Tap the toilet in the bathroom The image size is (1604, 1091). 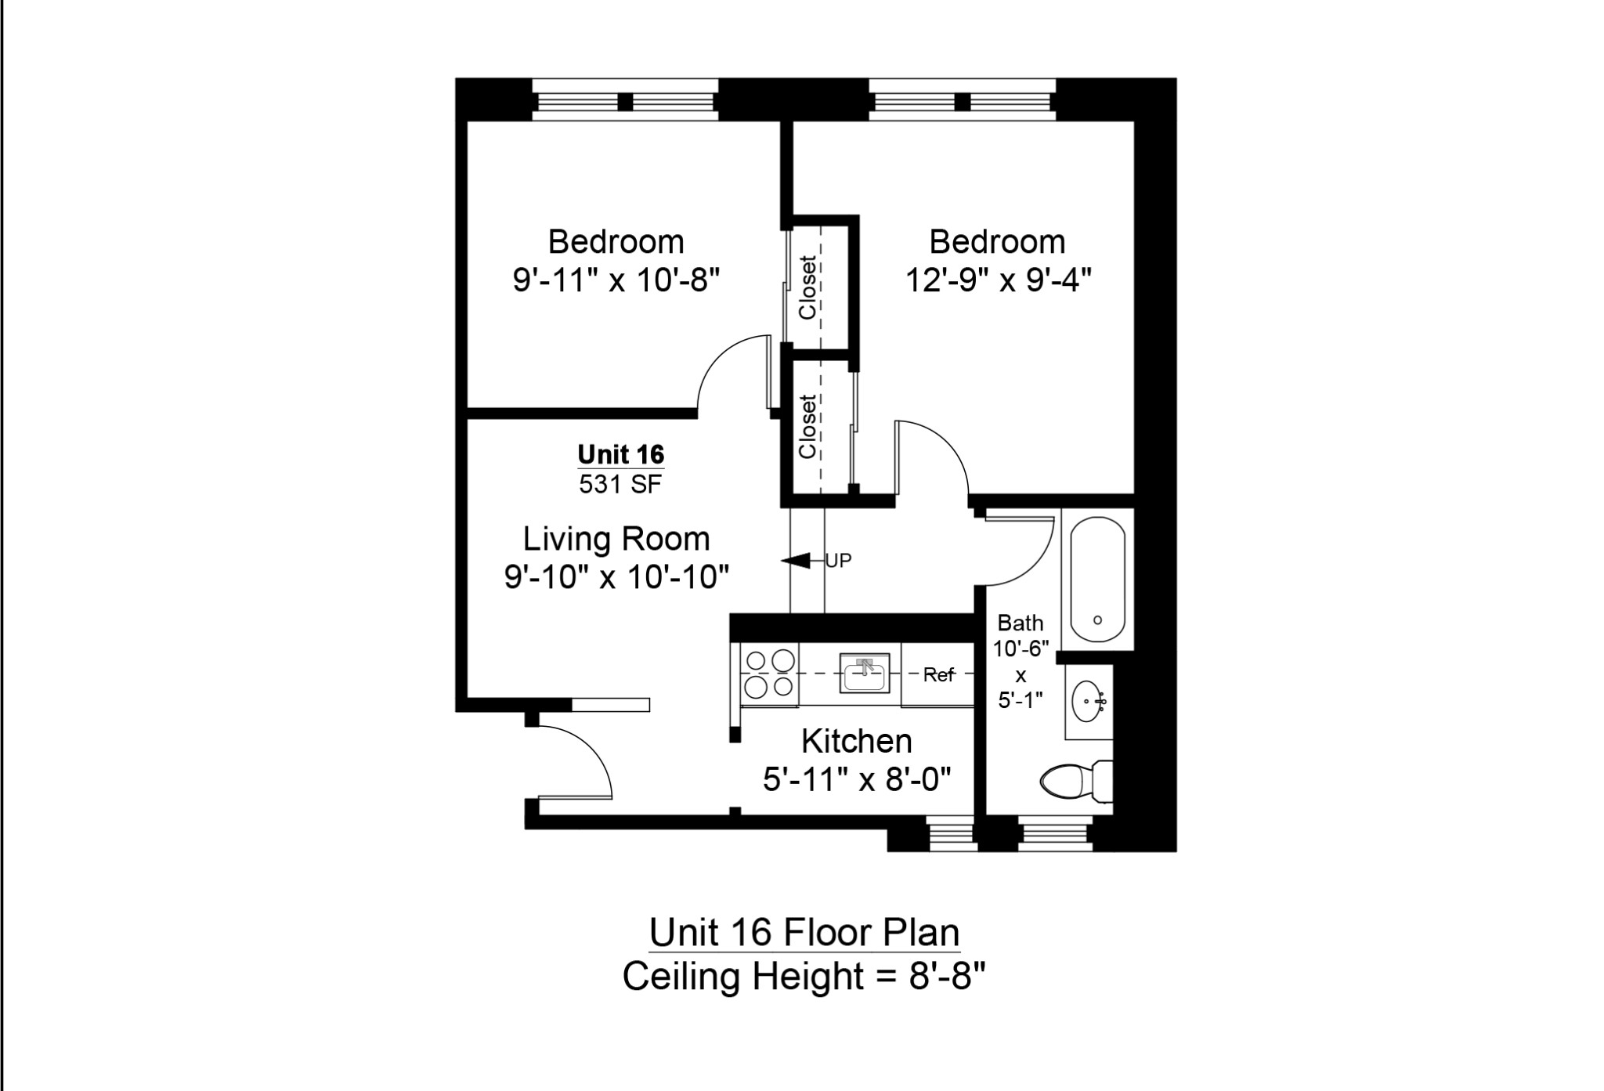(x=1073, y=781)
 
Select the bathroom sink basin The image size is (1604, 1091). (x=1088, y=700)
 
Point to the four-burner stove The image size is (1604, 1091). (x=770, y=674)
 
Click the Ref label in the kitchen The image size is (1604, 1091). (x=938, y=674)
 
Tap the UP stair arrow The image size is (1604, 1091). (x=799, y=561)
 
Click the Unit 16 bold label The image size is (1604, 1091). (x=620, y=454)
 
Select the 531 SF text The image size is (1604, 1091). (x=620, y=485)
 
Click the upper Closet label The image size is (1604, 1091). (x=807, y=287)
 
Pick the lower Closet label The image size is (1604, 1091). (x=807, y=427)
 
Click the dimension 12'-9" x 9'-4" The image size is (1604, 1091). (x=998, y=280)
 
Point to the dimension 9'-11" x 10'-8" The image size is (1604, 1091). (x=616, y=280)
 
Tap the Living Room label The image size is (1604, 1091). (x=616, y=539)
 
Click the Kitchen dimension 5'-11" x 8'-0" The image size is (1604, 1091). (x=857, y=779)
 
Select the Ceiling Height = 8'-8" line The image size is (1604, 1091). (x=804, y=977)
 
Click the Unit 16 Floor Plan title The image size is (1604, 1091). (x=804, y=933)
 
